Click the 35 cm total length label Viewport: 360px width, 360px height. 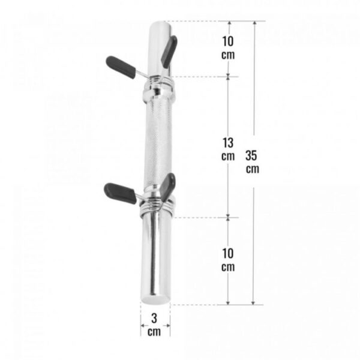pos(252,161)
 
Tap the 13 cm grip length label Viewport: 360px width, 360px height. pos(228,149)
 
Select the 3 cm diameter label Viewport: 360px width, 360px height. pos(154,325)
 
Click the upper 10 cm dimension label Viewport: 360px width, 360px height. pos(228,48)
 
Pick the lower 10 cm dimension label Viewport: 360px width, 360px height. pos(228,260)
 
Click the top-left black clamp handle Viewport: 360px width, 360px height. pos(121,67)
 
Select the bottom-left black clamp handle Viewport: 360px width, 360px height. pos(121,193)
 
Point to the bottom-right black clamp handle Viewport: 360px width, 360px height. pos(167,186)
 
